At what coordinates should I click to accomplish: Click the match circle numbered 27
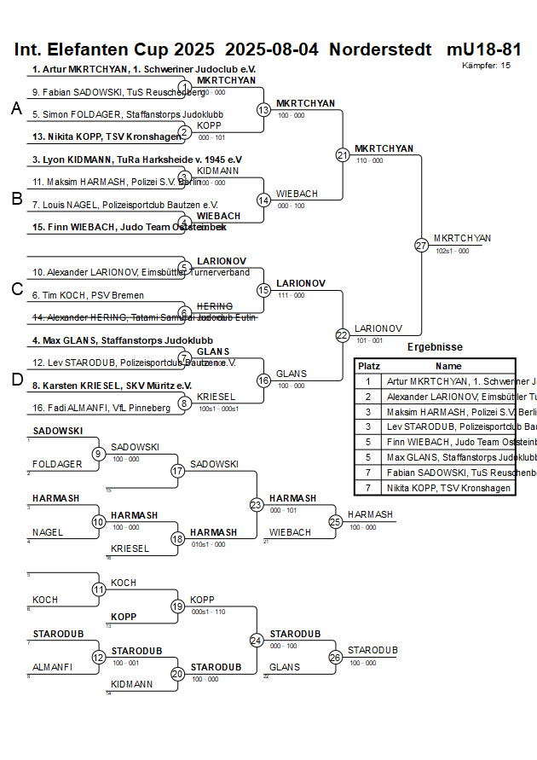pyautogui.click(x=421, y=245)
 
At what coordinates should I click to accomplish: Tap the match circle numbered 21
pyautogui.click(x=343, y=155)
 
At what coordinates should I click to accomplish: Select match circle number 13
pyautogui.click(x=263, y=110)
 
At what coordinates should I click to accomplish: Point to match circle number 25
pyautogui.click(x=336, y=521)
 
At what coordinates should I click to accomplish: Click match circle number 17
pyautogui.click(x=178, y=470)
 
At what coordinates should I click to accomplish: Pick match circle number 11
pyautogui.click(x=99, y=589)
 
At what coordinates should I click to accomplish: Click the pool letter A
pyautogui.click(x=16, y=108)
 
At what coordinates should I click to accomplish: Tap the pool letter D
pyautogui.click(x=16, y=380)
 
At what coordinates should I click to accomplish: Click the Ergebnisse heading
pyautogui.click(x=435, y=347)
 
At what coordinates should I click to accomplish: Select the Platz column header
pyautogui.click(x=368, y=365)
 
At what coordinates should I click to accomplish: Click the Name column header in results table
pyautogui.click(x=448, y=365)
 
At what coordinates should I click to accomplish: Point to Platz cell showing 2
pyautogui.click(x=368, y=397)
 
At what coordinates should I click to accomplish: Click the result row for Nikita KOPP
pyautogui.click(x=449, y=488)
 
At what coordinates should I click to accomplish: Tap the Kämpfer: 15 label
pyautogui.click(x=487, y=65)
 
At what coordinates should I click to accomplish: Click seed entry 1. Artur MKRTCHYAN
pyautogui.click(x=144, y=69)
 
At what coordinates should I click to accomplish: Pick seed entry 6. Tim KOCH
pyautogui.click(x=88, y=295)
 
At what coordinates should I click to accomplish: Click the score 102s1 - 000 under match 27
pyautogui.click(x=452, y=251)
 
